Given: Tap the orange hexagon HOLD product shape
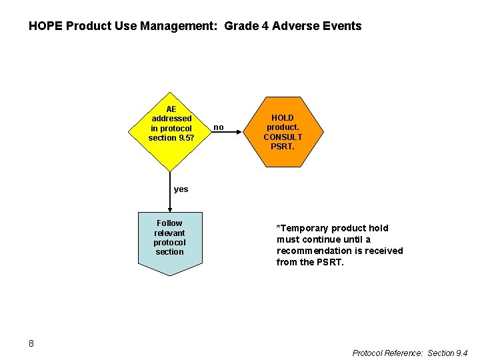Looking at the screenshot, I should click(x=283, y=131).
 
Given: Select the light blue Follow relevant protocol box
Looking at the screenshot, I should click(x=169, y=240).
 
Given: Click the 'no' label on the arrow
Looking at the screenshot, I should click(x=219, y=127).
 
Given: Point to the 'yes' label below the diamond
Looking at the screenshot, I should click(x=181, y=189).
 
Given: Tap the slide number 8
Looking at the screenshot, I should click(x=31, y=343).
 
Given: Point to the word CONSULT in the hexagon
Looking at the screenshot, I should click(x=283, y=137).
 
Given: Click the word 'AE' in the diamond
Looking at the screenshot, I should click(x=171, y=109).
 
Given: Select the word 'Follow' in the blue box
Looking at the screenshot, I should click(x=169, y=223).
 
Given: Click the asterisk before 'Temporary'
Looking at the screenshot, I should click(x=279, y=227).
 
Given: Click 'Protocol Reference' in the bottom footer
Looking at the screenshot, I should click(x=386, y=353).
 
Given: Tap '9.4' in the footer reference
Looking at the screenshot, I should click(x=461, y=353).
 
